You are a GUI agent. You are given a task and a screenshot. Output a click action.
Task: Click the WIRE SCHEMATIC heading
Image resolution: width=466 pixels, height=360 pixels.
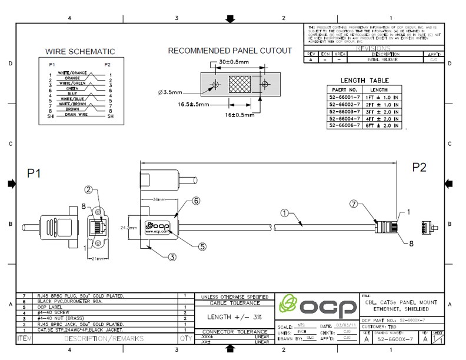(x=80, y=52)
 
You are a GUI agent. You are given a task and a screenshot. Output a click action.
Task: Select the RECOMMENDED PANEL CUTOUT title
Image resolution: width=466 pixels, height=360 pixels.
(x=230, y=51)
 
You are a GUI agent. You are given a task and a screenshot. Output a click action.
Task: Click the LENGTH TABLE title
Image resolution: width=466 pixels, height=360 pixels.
(x=364, y=80)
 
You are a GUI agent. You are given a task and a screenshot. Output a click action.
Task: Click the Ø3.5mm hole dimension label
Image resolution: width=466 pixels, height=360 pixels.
(x=170, y=92)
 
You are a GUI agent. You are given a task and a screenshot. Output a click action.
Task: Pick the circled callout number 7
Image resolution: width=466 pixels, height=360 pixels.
(x=353, y=204)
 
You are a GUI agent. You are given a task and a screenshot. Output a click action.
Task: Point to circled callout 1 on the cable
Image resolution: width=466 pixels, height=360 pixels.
(x=284, y=214)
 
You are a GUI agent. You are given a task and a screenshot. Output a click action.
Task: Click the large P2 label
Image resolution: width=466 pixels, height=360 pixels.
(x=419, y=167)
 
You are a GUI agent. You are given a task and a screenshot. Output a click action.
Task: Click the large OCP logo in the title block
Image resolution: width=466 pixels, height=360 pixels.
(x=315, y=306)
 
